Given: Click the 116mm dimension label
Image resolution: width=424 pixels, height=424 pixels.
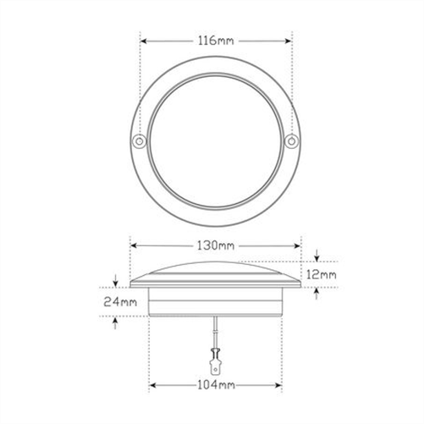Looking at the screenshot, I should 216,39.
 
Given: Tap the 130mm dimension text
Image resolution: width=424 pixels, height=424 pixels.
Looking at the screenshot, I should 216,246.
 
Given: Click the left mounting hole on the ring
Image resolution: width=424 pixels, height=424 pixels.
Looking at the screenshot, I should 140,139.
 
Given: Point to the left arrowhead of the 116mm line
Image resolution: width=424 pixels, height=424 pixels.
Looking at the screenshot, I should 143,39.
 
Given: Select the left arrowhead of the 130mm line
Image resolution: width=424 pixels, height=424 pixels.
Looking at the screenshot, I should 133,246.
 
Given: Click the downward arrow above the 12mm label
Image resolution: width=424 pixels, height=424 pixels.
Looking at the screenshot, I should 316,256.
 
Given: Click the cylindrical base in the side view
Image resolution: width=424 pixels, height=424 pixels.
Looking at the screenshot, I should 216,301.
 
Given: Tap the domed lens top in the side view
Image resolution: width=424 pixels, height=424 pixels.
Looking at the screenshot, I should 216,269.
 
